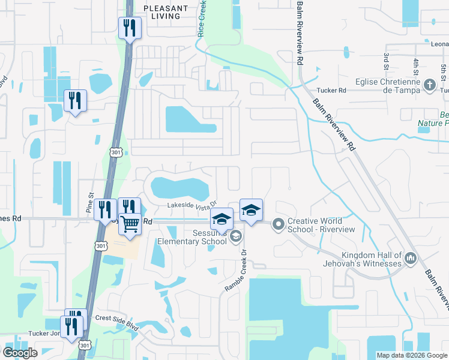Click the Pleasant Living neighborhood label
pos(166,12)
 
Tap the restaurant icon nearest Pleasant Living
pos(130,28)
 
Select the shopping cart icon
pos(130,224)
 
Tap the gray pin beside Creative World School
pos(278,225)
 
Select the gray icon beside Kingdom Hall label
pos(411,259)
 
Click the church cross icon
pos(430,85)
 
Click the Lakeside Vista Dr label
pos(191,205)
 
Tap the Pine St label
pos(91,203)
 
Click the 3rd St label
pos(386,59)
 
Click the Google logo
pos(21,353)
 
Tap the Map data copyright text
pos(411,355)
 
